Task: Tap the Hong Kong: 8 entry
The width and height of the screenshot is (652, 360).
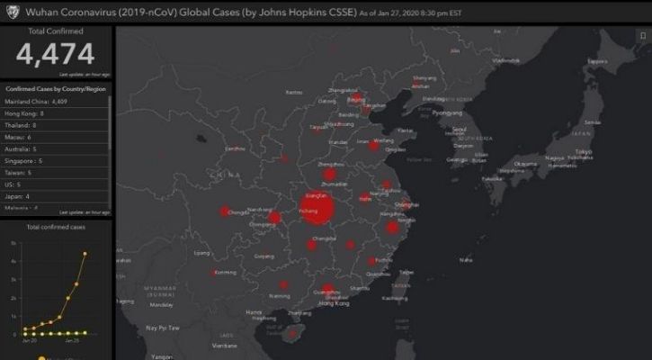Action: click(25, 113)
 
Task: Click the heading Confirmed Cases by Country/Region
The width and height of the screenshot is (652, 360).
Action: click(56, 89)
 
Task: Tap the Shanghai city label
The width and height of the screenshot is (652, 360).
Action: click(406, 204)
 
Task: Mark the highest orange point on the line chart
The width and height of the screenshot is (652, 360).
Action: click(85, 253)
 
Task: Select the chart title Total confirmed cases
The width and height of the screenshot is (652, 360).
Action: click(56, 227)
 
